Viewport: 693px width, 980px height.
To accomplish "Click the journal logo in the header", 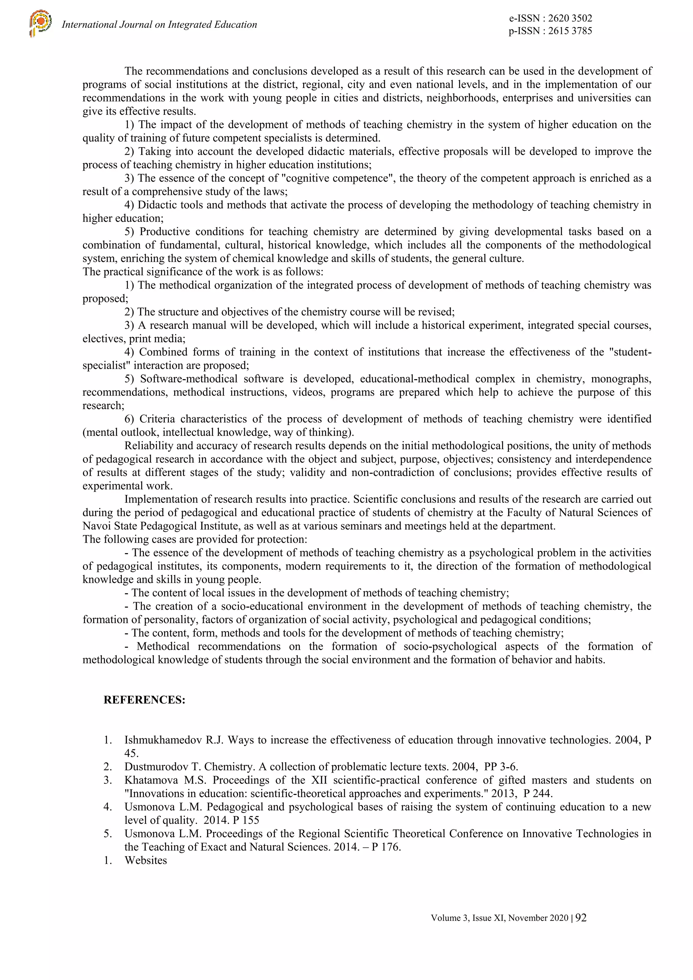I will (40, 24).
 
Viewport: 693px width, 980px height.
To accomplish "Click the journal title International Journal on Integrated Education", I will (159, 25).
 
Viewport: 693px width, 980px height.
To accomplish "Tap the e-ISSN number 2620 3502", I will (569, 18).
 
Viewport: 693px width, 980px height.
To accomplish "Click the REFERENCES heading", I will (144, 700).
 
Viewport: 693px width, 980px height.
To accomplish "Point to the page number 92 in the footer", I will (581, 918).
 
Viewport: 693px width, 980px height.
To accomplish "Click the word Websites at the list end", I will (146, 861).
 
